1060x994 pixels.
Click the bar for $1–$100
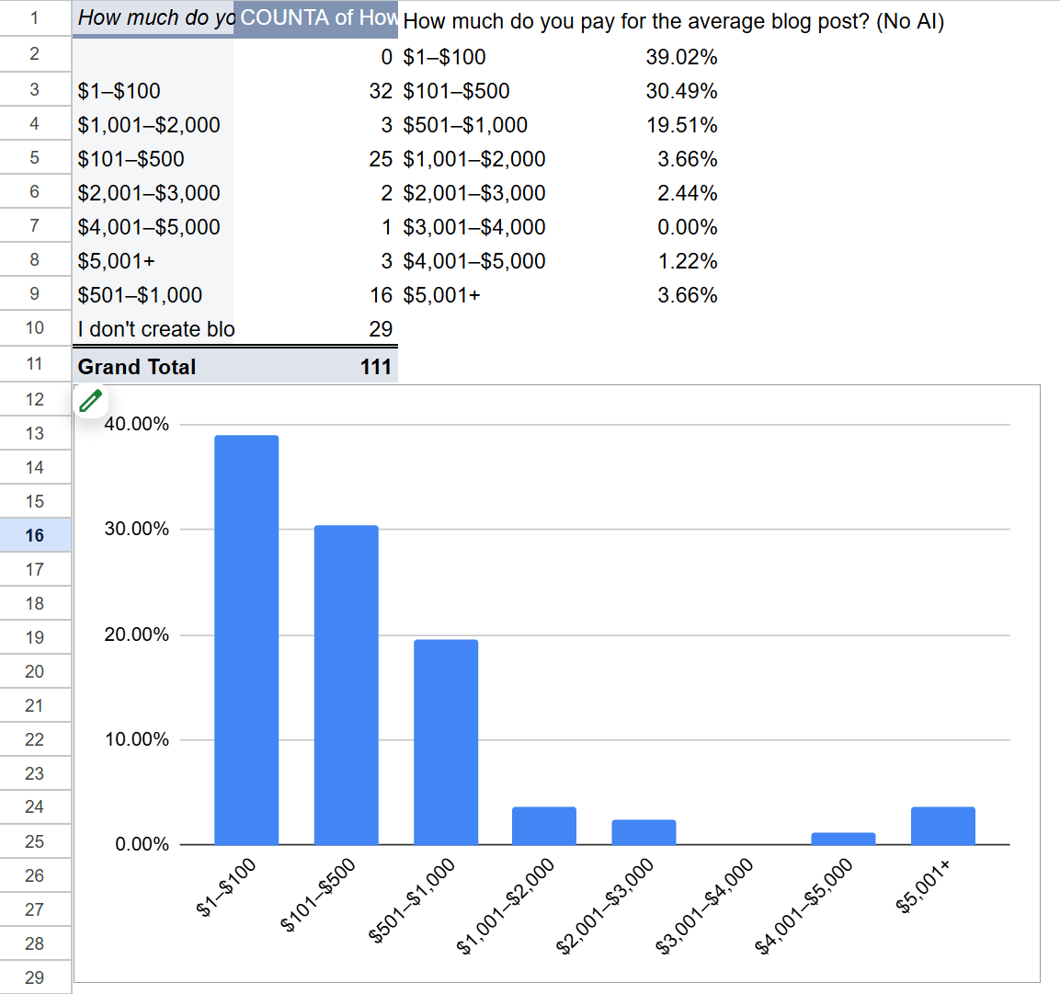tap(246, 639)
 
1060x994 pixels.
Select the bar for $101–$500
tap(346, 685)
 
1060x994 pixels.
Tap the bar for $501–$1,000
tap(446, 741)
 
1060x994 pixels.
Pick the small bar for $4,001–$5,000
tap(843, 839)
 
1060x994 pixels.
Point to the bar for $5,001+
tap(942, 826)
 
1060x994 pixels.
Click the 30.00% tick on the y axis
tap(137, 529)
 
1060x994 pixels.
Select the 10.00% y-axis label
tap(137, 739)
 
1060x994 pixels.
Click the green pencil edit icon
tap(91, 400)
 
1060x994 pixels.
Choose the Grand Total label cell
tap(138, 367)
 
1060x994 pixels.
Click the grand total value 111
tap(375, 367)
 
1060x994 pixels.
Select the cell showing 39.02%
tap(681, 57)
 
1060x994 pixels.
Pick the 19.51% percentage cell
tap(681, 125)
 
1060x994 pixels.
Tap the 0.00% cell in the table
tap(687, 227)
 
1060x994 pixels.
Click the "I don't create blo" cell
tap(154, 329)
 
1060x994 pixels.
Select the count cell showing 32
tap(381, 91)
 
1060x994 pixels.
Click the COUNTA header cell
tap(315, 18)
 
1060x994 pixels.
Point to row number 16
tap(35, 535)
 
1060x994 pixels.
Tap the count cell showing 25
tap(381, 159)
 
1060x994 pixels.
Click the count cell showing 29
tap(381, 329)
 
